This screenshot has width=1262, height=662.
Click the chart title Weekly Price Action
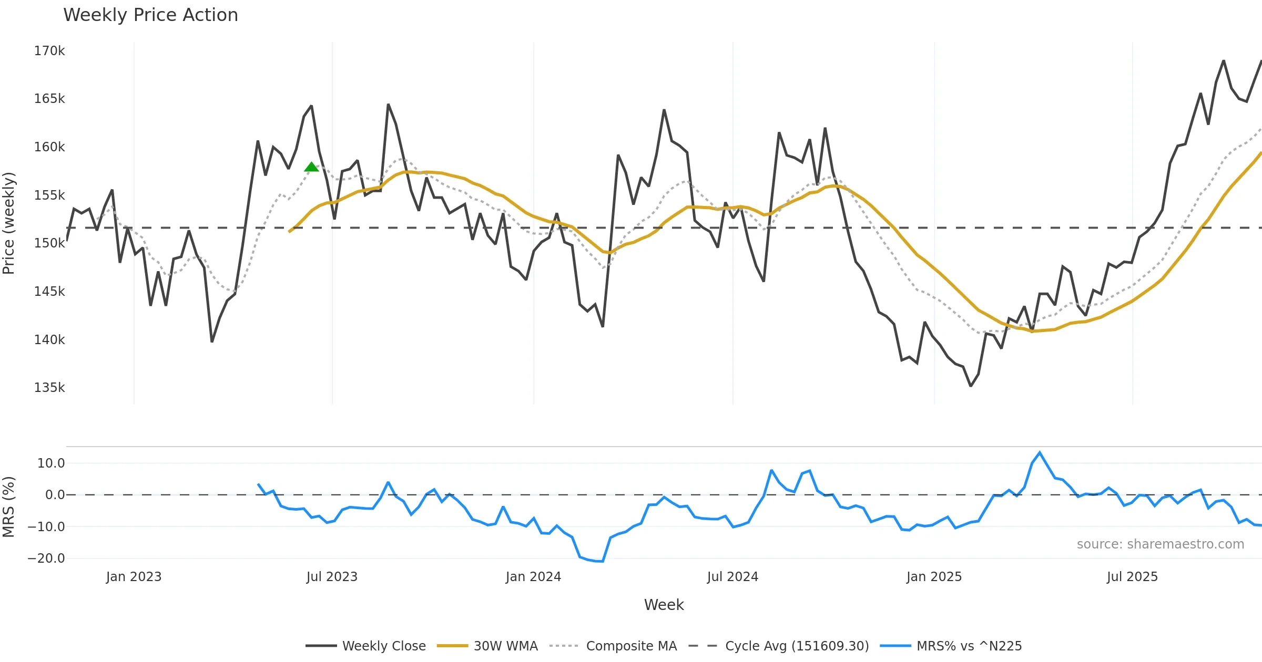(150, 15)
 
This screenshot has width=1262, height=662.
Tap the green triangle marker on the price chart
(311, 167)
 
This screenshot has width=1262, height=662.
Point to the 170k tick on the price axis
(49, 51)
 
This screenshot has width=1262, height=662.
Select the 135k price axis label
(49, 388)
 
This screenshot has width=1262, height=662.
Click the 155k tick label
(49, 195)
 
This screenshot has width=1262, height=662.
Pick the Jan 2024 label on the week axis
(533, 577)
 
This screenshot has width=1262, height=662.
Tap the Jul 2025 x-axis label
(1132, 577)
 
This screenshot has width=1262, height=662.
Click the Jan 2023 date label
(134, 577)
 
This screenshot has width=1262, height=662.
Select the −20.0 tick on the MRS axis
(46, 558)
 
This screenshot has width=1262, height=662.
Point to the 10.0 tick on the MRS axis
(51, 463)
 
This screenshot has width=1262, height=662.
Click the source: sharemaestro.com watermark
(1160, 544)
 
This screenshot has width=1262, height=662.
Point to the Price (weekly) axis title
(9, 223)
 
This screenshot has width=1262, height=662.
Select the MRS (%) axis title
(9, 507)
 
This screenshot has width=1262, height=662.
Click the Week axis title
(664, 605)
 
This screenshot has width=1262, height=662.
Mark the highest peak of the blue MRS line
(1040, 452)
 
